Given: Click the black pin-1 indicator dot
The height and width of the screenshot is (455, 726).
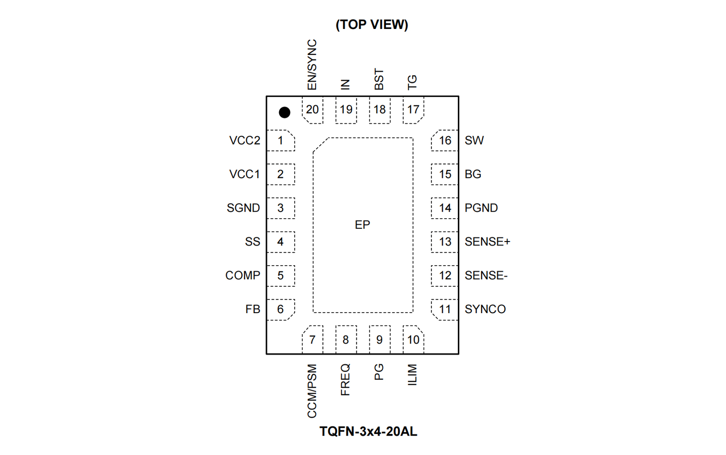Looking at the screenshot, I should pyautogui.click(x=284, y=112).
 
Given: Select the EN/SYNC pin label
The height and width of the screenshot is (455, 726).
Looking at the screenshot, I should pyautogui.click(x=312, y=65).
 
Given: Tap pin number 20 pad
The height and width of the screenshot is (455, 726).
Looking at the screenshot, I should pyautogui.click(x=313, y=110).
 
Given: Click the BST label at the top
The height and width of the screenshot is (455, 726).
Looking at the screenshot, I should pyautogui.click(x=379, y=79).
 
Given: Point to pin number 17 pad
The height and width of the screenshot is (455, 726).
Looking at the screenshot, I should pyautogui.click(x=413, y=110).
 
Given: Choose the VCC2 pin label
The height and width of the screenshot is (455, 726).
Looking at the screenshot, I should pyautogui.click(x=244, y=141).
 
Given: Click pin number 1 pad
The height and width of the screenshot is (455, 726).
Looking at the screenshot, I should pyautogui.click(x=280, y=141).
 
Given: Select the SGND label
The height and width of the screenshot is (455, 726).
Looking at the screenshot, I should pyautogui.click(x=243, y=208).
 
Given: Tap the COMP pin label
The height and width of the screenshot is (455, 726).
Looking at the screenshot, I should pyautogui.click(x=243, y=275).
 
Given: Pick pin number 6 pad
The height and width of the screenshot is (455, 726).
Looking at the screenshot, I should pyautogui.click(x=280, y=310).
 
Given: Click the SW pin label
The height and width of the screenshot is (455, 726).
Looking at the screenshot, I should pyautogui.click(x=474, y=141).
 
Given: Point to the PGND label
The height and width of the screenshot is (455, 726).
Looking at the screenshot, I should pyautogui.click(x=481, y=208).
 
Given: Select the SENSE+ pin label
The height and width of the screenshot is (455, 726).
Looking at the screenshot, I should pyautogui.click(x=487, y=242).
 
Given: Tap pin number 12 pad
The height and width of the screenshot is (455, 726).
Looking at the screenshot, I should pyautogui.click(x=445, y=276).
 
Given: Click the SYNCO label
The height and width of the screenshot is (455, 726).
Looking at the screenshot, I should pyautogui.click(x=485, y=310).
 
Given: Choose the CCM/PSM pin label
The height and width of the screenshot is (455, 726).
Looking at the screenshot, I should pyautogui.click(x=312, y=391).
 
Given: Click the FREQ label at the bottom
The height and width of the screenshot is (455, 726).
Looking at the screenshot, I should pyautogui.click(x=345, y=380).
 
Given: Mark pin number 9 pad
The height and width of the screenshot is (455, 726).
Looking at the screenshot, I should pyautogui.click(x=379, y=340).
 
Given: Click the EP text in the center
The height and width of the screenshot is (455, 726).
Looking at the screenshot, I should pyautogui.click(x=363, y=225).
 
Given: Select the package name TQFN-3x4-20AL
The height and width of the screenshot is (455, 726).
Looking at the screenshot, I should pyautogui.click(x=368, y=432).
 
